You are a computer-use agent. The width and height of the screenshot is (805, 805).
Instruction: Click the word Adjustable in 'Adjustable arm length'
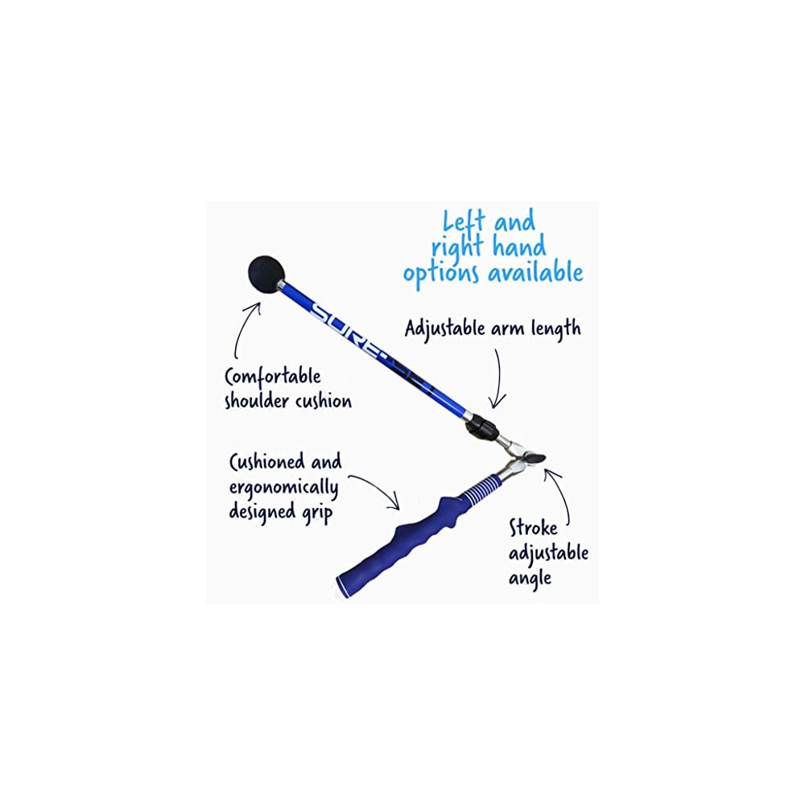pos(452,330)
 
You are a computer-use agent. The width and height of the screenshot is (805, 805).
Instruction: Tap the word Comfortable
pos(273,378)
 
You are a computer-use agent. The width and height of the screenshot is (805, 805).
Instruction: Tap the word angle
pos(530,579)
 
